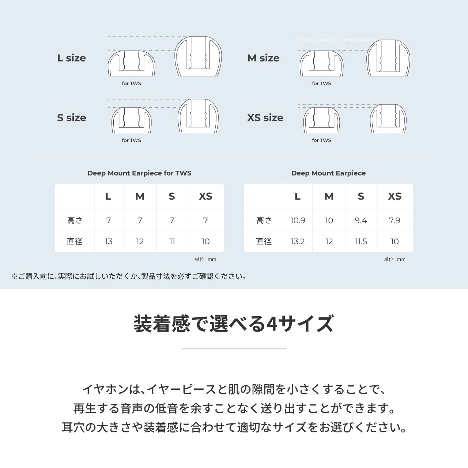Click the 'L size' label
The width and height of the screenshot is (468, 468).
[71, 58]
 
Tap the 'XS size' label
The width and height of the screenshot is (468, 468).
[265, 118]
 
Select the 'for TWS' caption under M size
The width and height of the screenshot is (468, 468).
[321, 83]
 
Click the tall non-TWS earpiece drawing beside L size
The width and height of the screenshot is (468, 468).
[198, 57]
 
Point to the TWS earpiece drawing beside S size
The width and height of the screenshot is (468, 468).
[131, 121]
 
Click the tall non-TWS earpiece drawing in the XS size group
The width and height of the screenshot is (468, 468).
[388, 119]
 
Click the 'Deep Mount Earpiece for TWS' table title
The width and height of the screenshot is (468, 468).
[139, 173]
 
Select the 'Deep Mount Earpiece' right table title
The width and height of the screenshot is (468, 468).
[328, 173]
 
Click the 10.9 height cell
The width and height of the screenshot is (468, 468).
[298, 220]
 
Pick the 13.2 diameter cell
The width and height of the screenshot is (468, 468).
[298, 241]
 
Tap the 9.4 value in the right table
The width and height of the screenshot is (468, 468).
[361, 220]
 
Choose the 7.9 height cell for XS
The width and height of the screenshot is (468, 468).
[395, 220]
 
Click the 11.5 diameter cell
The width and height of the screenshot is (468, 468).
[361, 241]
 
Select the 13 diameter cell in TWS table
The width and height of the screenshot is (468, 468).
[109, 241]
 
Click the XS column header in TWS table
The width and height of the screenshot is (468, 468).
[205, 196]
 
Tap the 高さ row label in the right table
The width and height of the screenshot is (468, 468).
[264, 220]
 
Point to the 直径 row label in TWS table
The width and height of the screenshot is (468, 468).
[75, 241]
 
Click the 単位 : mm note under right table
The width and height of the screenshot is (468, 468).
[395, 259]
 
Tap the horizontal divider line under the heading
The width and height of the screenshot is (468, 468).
[234, 349]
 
